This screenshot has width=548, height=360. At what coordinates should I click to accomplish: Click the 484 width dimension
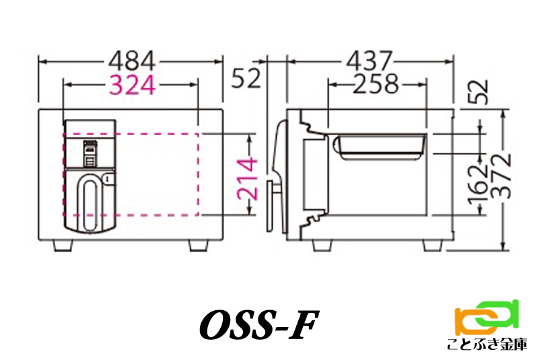coord(132,61)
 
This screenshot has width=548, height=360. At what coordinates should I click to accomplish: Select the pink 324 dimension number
coord(132,85)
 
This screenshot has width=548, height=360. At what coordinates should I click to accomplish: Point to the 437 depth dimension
coord(370,61)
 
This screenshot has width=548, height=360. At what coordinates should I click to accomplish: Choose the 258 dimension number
coord(376,84)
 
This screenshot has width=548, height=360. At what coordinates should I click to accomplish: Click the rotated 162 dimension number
coord(478,184)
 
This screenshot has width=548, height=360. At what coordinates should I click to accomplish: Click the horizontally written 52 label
coord(246,78)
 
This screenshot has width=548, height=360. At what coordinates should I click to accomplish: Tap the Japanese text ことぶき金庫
coord(487,345)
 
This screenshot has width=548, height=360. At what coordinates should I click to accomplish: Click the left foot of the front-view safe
coord(63,246)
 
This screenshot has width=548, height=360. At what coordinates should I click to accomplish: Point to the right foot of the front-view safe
coord(199,246)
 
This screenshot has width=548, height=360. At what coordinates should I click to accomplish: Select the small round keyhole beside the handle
coord(108,179)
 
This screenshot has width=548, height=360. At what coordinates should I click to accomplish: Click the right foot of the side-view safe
coord(433,246)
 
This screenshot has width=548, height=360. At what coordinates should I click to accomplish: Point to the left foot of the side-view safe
coord(322,246)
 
